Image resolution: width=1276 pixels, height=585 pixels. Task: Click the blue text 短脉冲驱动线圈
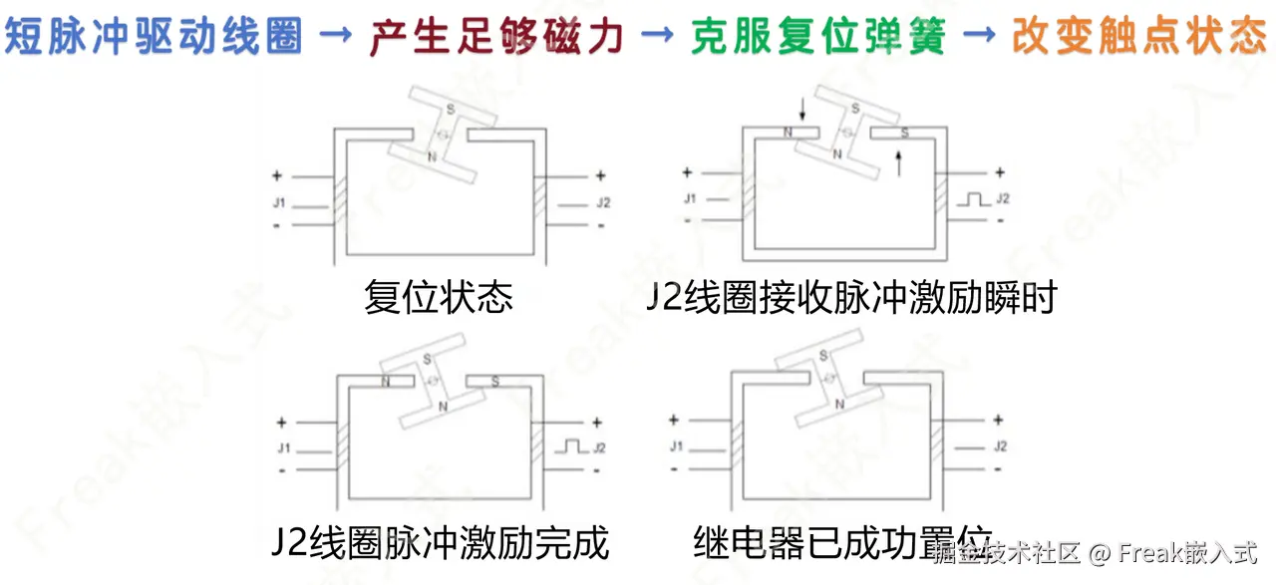pos(155,38)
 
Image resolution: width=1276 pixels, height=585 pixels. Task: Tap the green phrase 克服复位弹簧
pos(818,38)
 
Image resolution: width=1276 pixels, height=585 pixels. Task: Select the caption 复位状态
pos(439,297)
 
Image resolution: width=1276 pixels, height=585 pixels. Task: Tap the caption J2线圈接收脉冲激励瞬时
pos(850,297)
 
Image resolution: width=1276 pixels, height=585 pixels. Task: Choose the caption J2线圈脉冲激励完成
pos(440,543)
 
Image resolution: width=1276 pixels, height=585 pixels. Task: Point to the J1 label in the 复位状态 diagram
pos(279,203)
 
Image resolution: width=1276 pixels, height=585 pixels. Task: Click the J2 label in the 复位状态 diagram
pos(603,203)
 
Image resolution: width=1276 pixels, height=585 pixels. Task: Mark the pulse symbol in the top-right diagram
pos(971,199)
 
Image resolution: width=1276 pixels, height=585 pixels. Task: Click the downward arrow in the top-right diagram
pos(801,110)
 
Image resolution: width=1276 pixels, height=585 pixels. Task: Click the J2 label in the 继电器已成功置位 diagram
pos(1000,446)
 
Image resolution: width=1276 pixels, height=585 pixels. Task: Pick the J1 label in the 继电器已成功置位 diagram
pos(676,445)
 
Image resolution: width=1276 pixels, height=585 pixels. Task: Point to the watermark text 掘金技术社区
pos(1007,552)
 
